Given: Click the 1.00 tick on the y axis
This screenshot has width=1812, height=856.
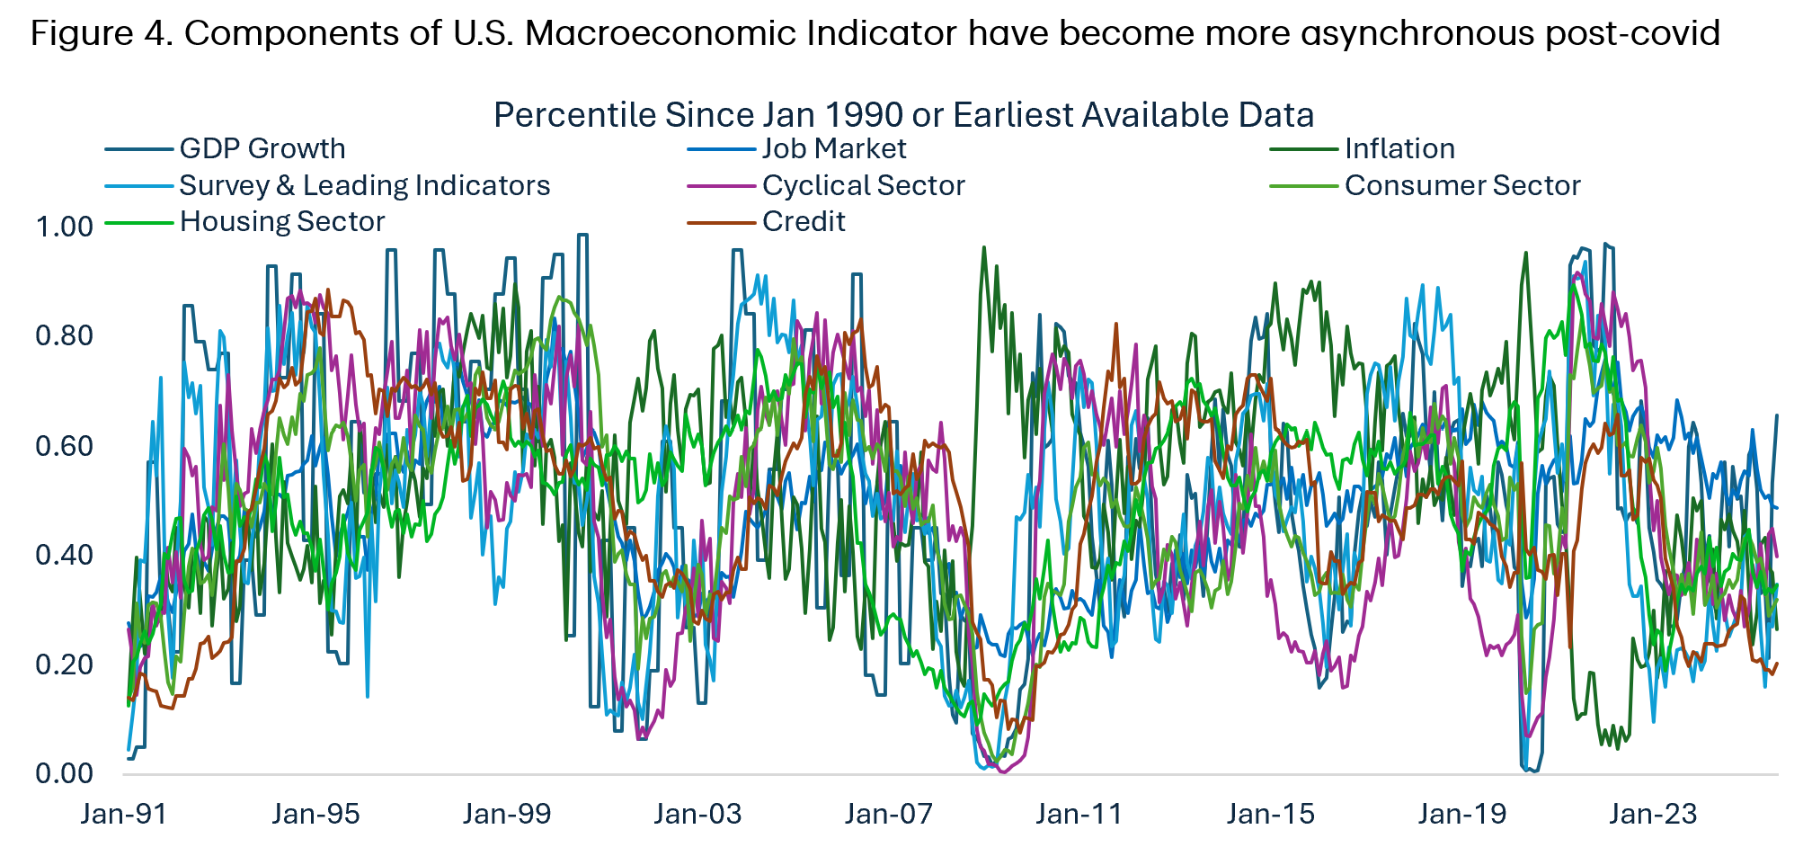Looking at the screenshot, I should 64,227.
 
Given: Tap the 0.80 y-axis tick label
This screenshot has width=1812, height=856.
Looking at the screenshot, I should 64,335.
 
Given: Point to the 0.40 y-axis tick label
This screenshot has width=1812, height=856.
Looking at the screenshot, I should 64,555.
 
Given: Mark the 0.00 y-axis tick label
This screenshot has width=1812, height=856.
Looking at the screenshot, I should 64,773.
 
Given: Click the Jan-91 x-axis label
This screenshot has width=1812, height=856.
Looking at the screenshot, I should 124,814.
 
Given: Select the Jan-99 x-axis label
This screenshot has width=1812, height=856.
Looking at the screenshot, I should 507,814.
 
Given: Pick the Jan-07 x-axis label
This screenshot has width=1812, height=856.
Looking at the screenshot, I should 889,814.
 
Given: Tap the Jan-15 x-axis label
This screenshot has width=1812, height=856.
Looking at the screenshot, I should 1271,814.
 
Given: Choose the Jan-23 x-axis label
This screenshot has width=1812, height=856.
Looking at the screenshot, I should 1653,814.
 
